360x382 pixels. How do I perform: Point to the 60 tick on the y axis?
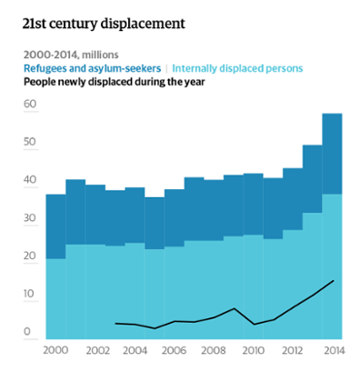(30, 105)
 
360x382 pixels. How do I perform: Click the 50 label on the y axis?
(30, 143)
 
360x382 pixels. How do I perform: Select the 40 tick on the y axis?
(30, 180)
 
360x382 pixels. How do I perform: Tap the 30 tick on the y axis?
(30, 218)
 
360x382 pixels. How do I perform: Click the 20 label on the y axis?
(30, 256)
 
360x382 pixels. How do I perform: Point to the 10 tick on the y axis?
(30, 294)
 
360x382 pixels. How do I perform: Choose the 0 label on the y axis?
(28, 332)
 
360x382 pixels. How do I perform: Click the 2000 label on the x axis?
(55, 349)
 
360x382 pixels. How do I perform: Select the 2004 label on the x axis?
(135, 349)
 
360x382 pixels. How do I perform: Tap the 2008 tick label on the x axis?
(214, 349)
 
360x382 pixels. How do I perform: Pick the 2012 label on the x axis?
(293, 349)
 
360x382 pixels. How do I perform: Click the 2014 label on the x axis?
(333, 349)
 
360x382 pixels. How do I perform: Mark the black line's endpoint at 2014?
(334, 280)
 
